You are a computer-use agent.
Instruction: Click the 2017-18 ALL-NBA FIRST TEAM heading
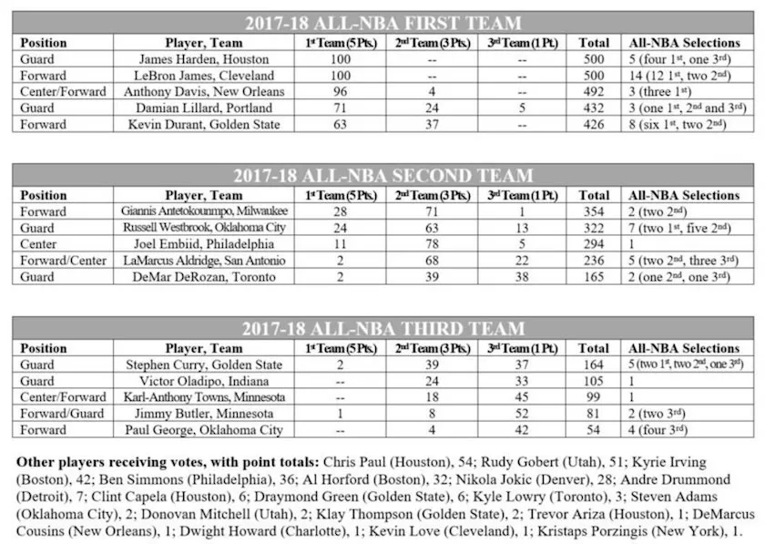[382, 24]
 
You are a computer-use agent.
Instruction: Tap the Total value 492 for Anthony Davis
[595, 91]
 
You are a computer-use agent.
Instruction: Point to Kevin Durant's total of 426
[595, 124]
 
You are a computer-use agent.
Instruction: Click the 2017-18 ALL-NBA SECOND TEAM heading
[382, 176]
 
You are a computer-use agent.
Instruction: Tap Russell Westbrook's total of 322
[595, 228]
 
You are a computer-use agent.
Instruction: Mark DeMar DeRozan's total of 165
[595, 277]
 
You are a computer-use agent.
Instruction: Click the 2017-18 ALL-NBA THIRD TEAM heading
[382, 329]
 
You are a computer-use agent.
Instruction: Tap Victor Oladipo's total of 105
[595, 381]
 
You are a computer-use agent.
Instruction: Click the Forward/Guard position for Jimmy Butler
[57, 414]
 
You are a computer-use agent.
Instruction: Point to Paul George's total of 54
[595, 430]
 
